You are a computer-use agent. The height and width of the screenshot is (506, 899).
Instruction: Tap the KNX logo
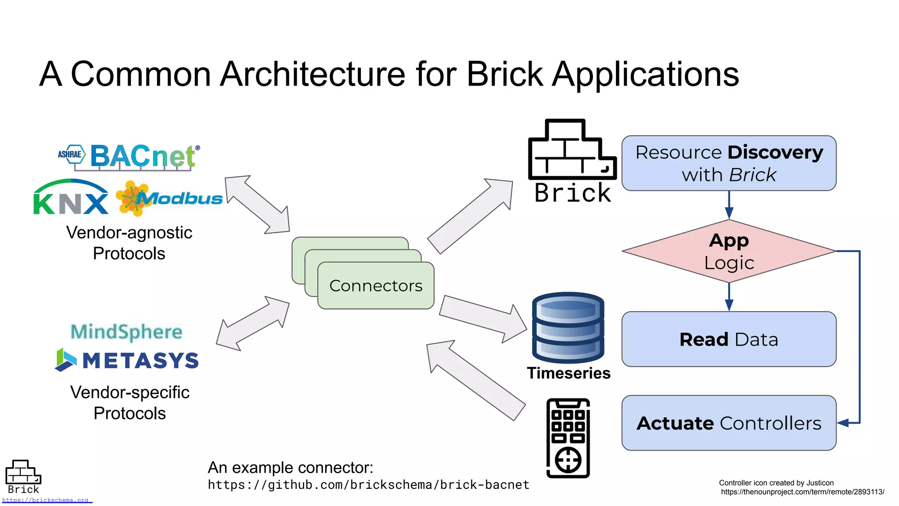pos(71,198)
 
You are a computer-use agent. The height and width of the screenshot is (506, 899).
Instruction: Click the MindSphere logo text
pos(126,332)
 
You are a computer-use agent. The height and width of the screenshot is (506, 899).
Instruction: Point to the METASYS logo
pos(127,361)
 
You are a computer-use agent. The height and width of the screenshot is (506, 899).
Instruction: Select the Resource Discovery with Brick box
pos(729,163)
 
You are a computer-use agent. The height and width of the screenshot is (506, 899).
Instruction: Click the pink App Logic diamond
pos(729,251)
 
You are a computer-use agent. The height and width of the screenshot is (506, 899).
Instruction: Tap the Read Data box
pos(729,339)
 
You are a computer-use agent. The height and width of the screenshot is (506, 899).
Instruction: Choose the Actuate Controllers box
pos(729,423)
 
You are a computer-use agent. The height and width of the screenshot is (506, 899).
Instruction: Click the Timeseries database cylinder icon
pos(568,327)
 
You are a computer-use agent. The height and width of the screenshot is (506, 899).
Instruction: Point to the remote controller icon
pos(568,438)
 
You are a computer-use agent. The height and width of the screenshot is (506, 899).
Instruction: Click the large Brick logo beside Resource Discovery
pos(572,160)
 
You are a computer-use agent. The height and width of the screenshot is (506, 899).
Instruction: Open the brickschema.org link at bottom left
pos(46,500)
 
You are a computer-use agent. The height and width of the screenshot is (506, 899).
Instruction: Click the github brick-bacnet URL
pos(369,485)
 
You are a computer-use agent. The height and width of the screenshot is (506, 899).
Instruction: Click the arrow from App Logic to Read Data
pos(729,297)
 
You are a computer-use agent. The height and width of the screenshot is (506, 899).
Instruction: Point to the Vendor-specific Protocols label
pos(130,403)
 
